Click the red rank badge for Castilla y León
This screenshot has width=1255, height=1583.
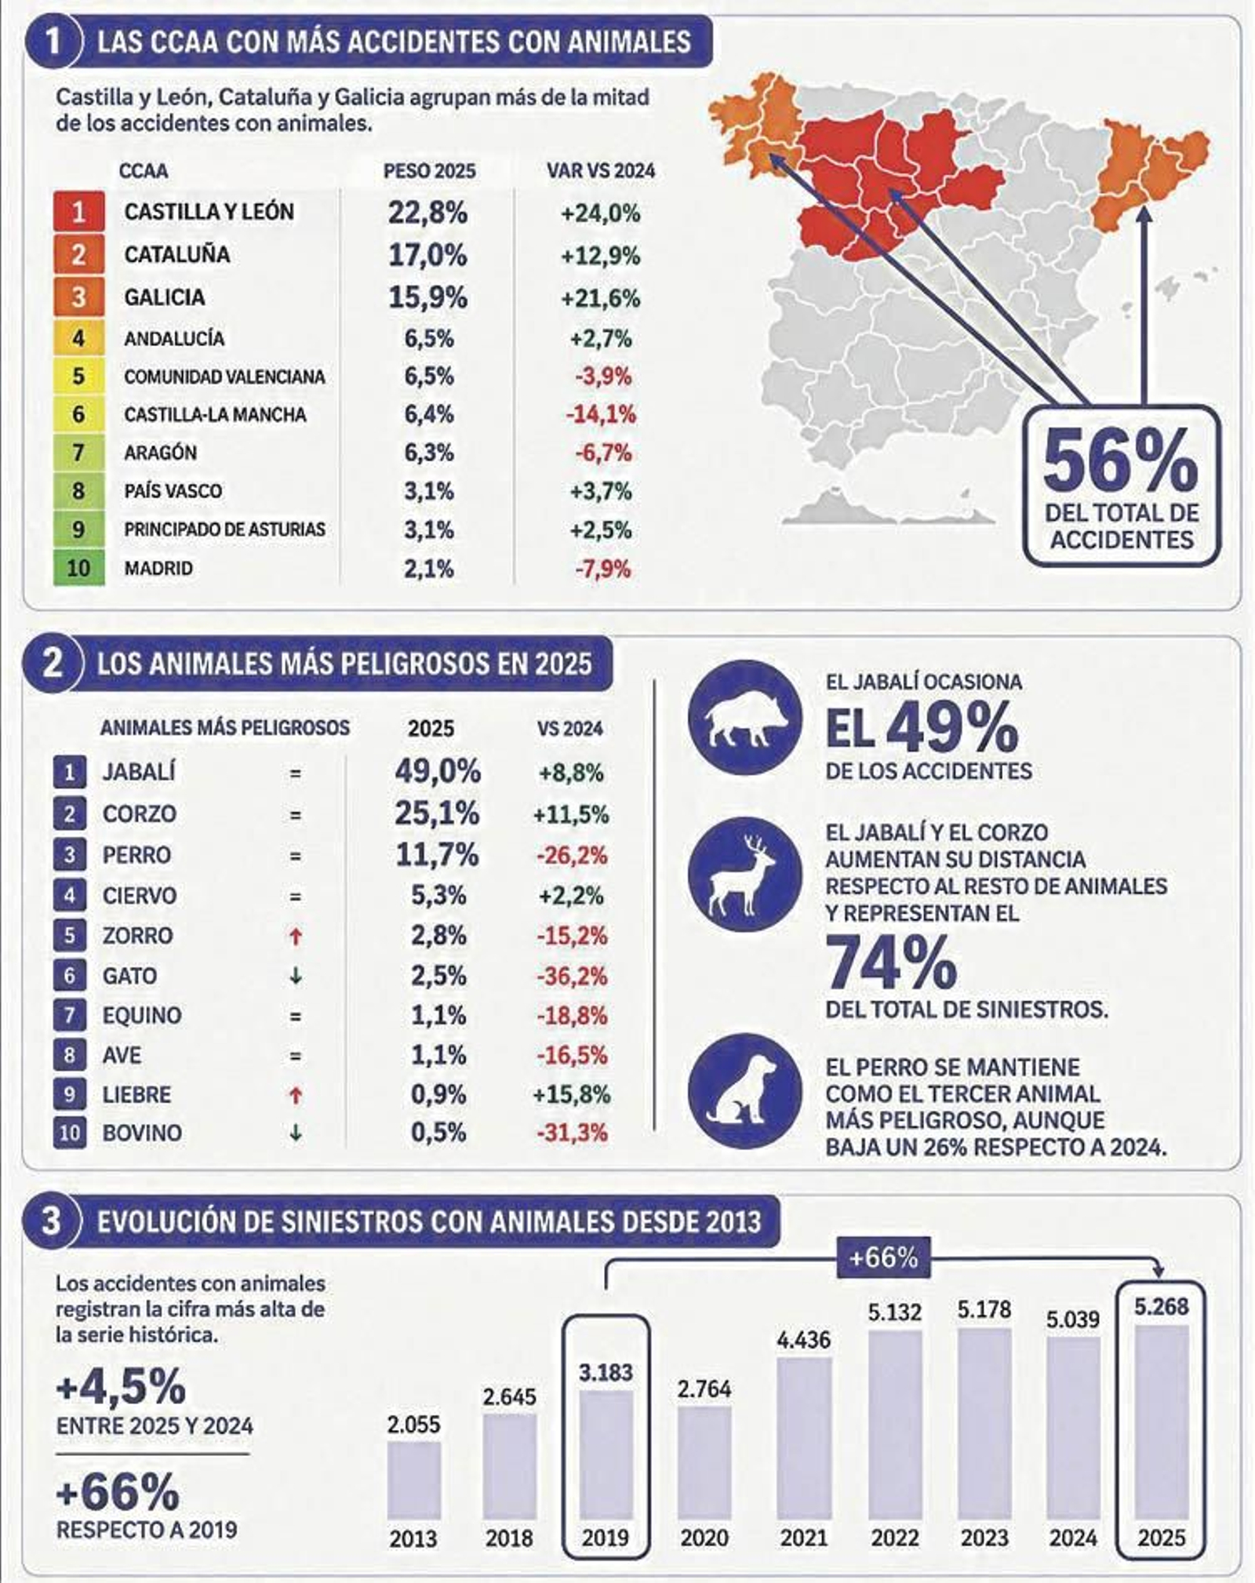click(78, 212)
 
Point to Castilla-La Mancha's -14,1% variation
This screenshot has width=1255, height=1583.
click(601, 414)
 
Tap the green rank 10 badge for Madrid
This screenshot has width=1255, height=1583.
click(78, 568)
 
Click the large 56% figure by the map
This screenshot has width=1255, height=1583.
click(1121, 462)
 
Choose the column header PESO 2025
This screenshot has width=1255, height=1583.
click(429, 171)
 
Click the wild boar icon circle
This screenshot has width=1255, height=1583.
click(745, 718)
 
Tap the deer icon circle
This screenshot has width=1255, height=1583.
click(745, 875)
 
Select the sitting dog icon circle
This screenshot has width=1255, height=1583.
click(745, 1091)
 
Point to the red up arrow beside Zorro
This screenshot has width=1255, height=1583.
click(296, 936)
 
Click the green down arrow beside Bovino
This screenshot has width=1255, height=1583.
click(296, 1133)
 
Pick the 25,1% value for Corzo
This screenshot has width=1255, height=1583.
click(437, 813)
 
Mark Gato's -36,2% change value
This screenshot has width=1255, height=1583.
click(572, 976)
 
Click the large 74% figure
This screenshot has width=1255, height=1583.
click(891, 964)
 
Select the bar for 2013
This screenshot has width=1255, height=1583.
click(414, 1480)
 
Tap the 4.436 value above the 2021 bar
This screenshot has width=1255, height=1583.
click(804, 1340)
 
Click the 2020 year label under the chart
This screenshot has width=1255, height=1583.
click(704, 1538)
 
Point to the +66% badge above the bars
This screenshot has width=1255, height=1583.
click(883, 1258)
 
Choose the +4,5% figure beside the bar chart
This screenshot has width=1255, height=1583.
click(121, 1387)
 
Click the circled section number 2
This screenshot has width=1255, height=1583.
click(53, 664)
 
